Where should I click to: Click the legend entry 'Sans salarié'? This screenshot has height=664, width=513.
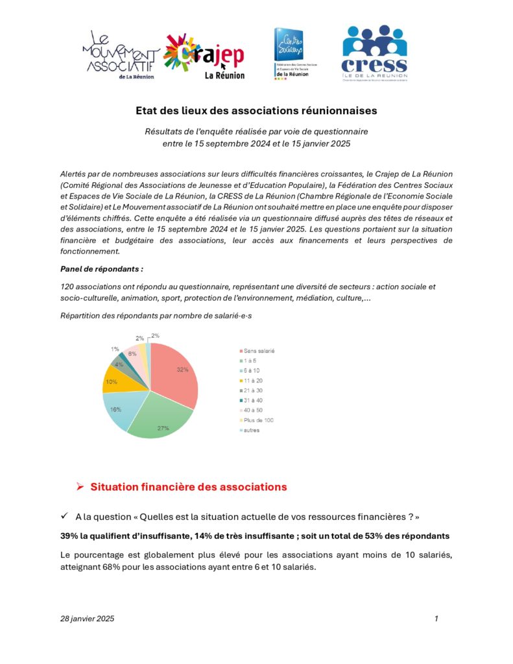[258, 351]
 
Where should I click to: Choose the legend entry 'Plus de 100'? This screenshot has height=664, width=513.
[257, 420]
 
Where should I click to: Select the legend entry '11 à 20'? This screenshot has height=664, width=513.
[252, 381]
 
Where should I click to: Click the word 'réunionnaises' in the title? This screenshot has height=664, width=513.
[337, 111]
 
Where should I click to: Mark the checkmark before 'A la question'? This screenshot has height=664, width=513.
[64, 516]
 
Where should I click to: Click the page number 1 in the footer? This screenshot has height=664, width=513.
[436, 619]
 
